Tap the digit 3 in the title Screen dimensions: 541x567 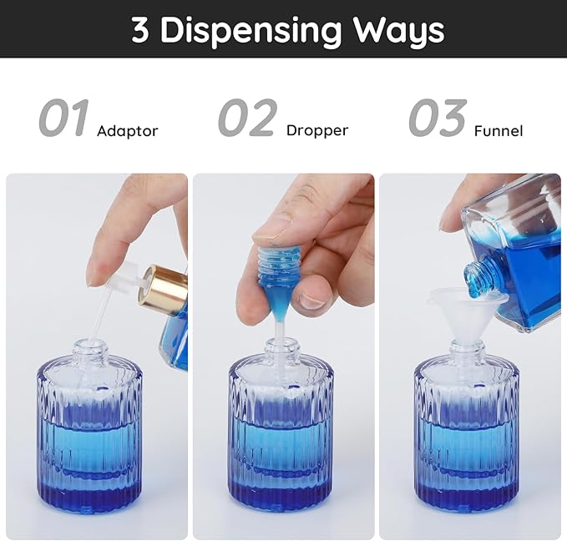point(140,30)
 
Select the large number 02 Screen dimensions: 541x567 point(246,119)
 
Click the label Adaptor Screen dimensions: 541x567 point(127,131)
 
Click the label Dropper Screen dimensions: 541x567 point(316,131)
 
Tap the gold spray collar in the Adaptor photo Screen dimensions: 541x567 point(165,289)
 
